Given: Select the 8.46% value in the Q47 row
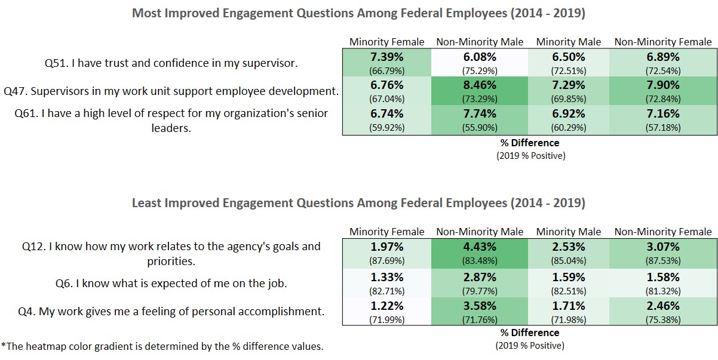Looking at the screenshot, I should click(480, 85).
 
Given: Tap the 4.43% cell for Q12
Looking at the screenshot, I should click(480, 247).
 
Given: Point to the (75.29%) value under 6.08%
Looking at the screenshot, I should click(480, 70).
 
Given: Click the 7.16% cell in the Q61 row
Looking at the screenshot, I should click(663, 113).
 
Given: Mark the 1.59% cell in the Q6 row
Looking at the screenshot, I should click(568, 278).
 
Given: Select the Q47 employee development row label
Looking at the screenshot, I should click(171, 91).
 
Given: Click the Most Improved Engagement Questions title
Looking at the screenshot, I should click(358, 13).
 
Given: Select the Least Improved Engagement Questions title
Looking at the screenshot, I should click(358, 203).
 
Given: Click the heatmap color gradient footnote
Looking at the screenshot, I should click(162, 346).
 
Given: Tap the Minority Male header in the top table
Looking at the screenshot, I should click(568, 42).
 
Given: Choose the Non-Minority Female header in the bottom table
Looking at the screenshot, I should click(663, 232).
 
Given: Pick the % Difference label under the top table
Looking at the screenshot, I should click(530, 143).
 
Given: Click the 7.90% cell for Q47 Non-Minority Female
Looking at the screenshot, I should click(663, 85).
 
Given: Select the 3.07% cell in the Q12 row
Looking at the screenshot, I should click(663, 247).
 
